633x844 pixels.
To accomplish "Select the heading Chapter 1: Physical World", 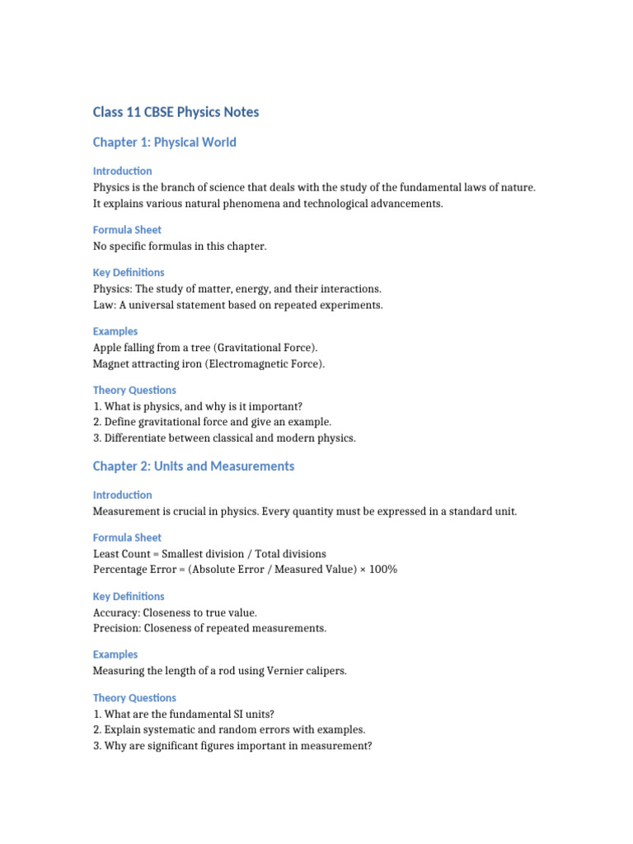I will click(164, 143).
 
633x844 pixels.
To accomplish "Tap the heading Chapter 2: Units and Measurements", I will click(193, 467).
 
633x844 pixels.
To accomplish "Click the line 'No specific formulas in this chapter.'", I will click(180, 246).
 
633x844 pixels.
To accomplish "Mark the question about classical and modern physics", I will click(224, 438).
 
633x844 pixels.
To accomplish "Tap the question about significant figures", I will click(232, 746).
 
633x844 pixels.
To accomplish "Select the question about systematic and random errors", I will click(229, 730).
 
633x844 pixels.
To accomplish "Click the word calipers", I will click(327, 671).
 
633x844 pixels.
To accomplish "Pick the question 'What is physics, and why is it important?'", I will click(198, 406).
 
